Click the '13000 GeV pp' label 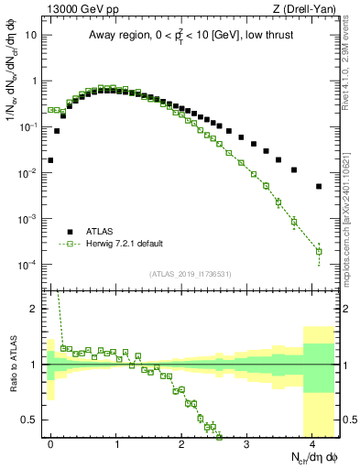point(76,8)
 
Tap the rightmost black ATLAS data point point(319,186)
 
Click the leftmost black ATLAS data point point(50,159)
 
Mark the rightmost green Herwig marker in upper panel point(319,251)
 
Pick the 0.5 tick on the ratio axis point(29,420)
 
